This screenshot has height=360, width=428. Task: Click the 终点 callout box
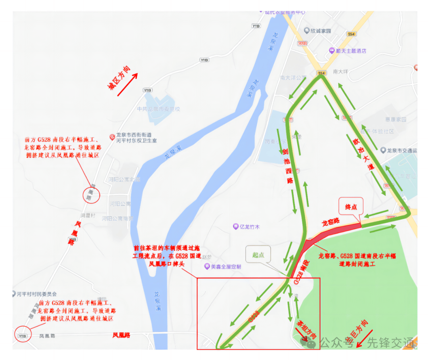pyautogui.click(x=351, y=207)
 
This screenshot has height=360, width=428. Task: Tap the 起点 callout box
pyautogui.click(x=258, y=255)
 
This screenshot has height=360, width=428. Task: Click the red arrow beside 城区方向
pyautogui.click(x=127, y=84)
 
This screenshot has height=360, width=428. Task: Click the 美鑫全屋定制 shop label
pyautogui.click(x=225, y=266)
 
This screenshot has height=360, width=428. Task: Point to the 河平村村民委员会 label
pyautogui.click(x=37, y=294)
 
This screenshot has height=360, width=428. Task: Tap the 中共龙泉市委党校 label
pyautogui.click(x=158, y=109)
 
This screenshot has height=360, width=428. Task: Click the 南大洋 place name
pyautogui.click(x=340, y=72)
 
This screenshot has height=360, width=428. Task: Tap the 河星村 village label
pyautogui.click(x=88, y=215)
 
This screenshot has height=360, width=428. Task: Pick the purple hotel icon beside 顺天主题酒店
pyautogui.click(x=332, y=51)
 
